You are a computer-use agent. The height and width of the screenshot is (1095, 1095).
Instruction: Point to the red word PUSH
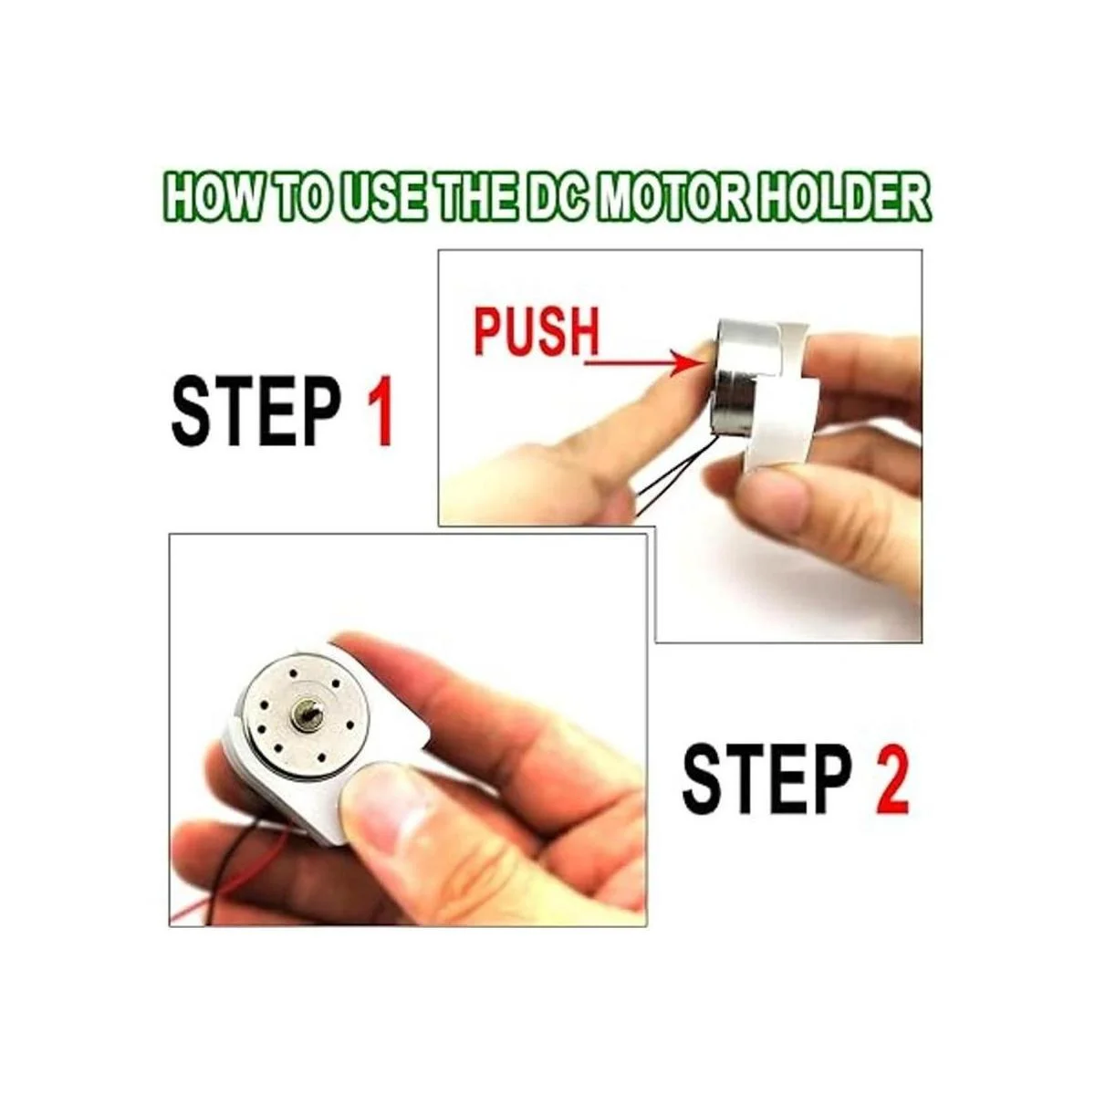pos(536,331)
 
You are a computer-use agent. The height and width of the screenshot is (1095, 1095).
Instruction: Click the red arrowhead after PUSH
pos(683,363)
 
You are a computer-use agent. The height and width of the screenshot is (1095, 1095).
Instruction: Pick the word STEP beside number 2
pos(766,779)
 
